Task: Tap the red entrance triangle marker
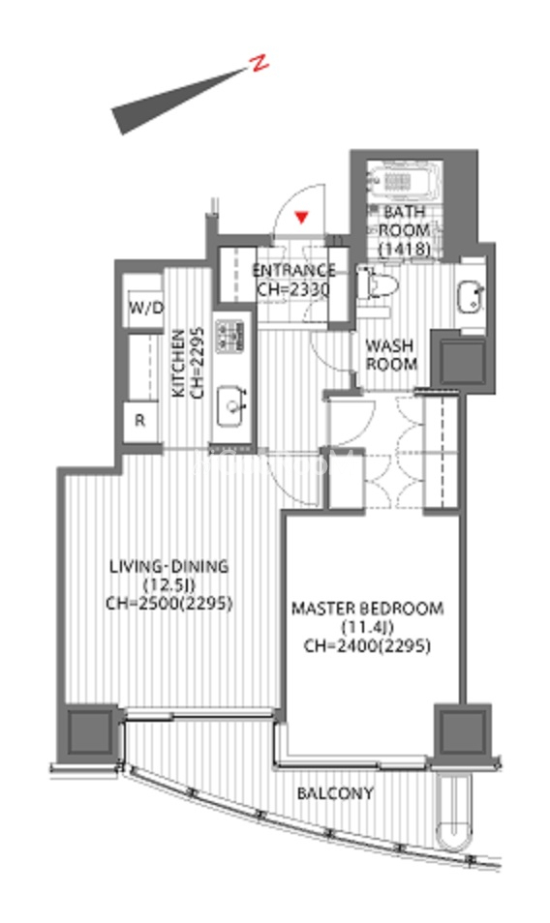(302, 218)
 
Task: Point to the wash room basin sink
(471, 297)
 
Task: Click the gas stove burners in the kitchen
(229, 337)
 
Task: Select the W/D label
(145, 308)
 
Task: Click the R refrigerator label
(140, 421)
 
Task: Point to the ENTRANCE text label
(293, 270)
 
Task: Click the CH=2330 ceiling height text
(293, 289)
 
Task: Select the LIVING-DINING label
(169, 566)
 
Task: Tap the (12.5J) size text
(169, 585)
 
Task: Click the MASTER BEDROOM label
(368, 609)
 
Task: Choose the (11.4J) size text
(367, 628)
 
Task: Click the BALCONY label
(335, 793)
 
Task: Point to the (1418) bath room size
(404, 249)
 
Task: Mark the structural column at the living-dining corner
(90, 731)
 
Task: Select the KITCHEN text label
(178, 363)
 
